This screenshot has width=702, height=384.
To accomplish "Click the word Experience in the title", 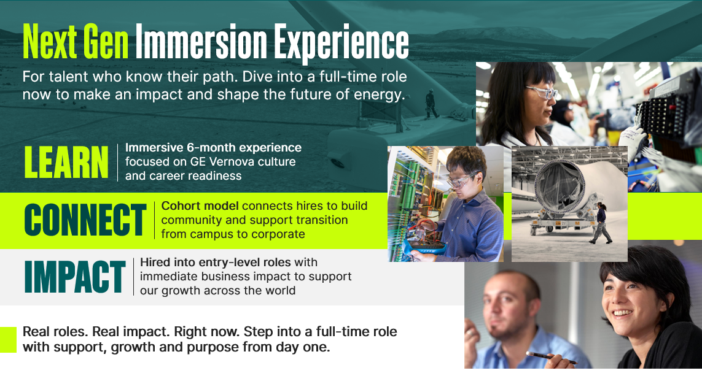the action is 341,43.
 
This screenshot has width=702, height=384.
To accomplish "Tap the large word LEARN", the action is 66,162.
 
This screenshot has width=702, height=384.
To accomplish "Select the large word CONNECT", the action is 85,220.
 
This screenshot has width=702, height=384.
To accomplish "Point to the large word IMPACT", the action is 75,277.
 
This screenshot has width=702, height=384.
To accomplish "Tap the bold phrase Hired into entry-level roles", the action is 216,262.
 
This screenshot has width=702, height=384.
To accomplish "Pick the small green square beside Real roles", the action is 8,340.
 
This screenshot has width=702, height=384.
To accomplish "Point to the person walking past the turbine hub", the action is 600,223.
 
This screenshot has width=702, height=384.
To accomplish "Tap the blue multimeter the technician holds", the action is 427,247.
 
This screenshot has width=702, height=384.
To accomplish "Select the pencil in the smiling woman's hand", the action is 551,357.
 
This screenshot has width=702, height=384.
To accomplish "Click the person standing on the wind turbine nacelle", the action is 431,104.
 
